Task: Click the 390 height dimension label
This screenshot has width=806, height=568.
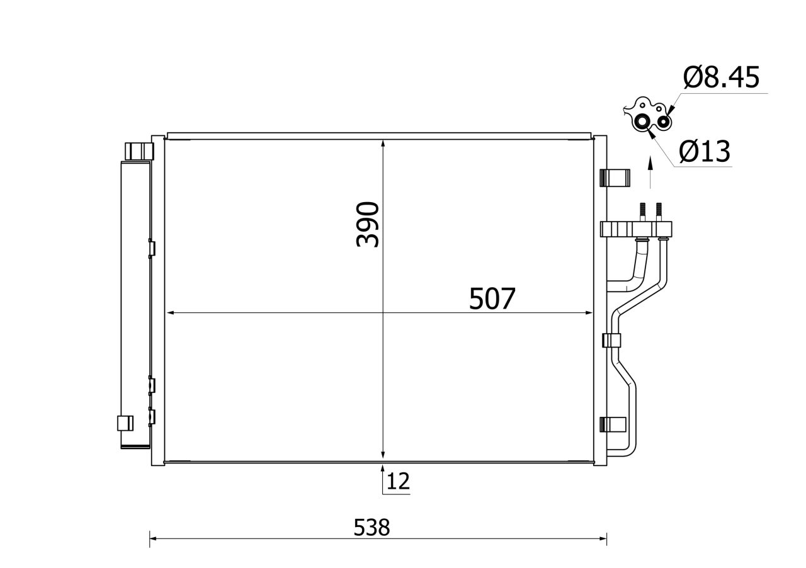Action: pos(368,224)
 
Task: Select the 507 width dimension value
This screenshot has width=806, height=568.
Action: pos(492,298)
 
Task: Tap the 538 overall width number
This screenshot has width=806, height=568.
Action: pos(372,527)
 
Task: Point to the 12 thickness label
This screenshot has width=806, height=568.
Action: pos(398,482)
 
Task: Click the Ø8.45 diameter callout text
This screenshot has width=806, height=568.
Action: pos(722,77)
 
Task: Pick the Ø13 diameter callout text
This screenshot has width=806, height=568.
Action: pos(705,151)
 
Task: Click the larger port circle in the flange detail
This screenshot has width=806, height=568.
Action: pos(642,122)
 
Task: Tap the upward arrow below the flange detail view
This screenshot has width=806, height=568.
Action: pos(650,165)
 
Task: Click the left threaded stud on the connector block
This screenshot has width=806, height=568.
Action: pos(643,212)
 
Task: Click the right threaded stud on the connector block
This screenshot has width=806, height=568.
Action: pos(659,212)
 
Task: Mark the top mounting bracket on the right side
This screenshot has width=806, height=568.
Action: pos(615,178)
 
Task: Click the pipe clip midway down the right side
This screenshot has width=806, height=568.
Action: pos(612,341)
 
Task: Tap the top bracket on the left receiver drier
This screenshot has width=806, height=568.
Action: pos(139,151)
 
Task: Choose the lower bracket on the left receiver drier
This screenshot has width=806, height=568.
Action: pos(125,423)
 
